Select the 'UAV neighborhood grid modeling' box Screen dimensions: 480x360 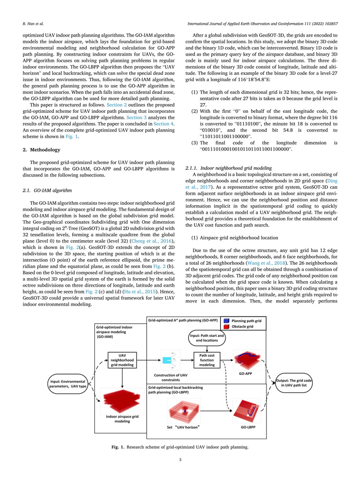(121, 359)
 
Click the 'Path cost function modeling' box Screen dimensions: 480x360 (207, 358)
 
